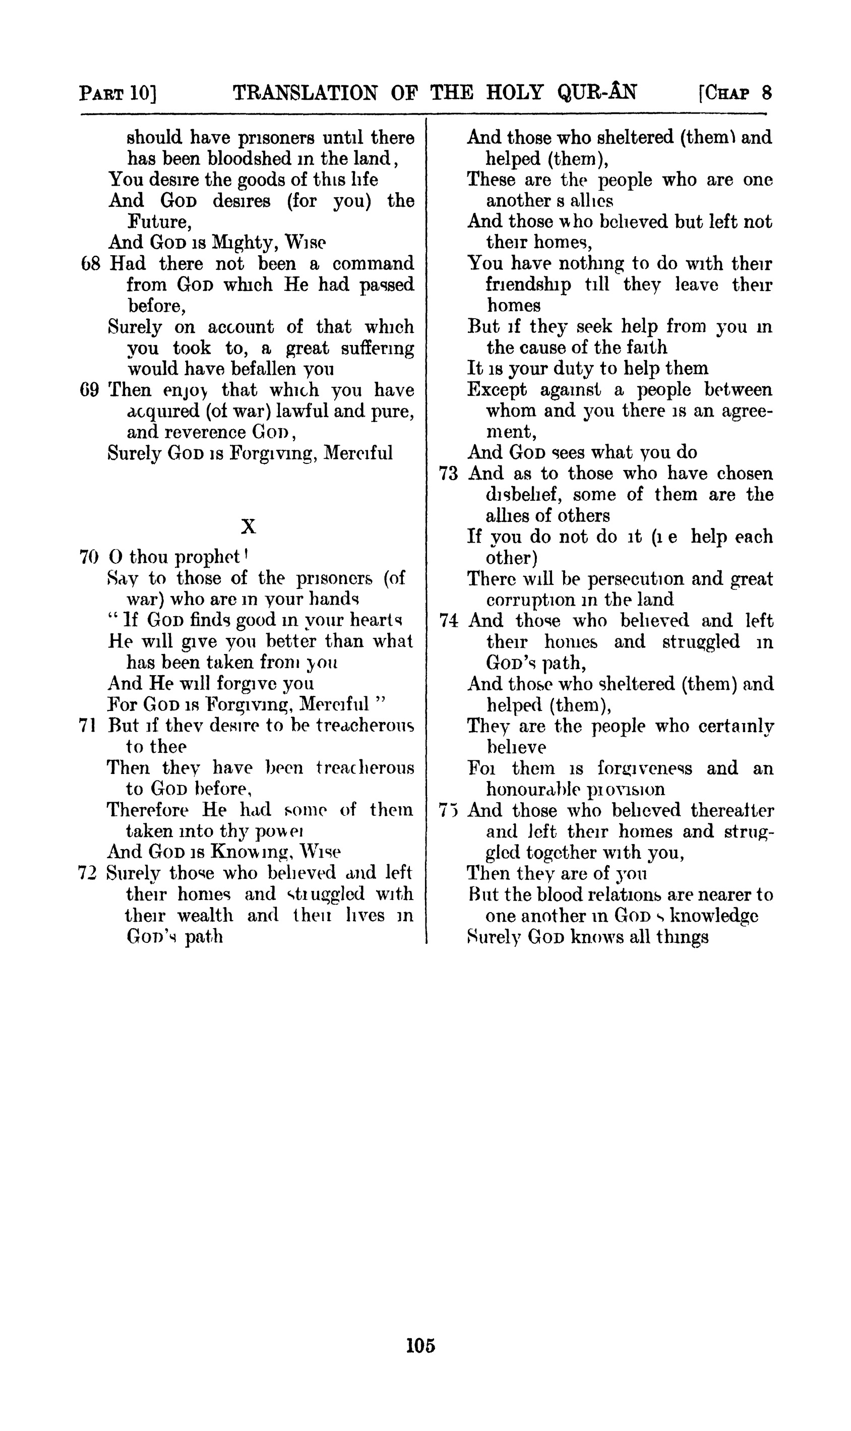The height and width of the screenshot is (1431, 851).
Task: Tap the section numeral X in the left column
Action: coord(249,526)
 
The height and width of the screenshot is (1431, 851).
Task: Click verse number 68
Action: coord(91,264)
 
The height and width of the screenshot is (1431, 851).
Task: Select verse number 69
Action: coord(90,390)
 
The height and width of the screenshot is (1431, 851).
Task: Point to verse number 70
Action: coord(89,557)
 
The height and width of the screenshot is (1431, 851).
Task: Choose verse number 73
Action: coord(449,474)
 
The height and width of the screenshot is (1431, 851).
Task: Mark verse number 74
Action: coord(449,621)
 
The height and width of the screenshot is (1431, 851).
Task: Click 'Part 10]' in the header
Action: coord(118,93)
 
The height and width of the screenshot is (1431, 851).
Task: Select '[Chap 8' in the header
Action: coord(735,93)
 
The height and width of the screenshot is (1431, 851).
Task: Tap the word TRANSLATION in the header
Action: coord(305,92)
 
